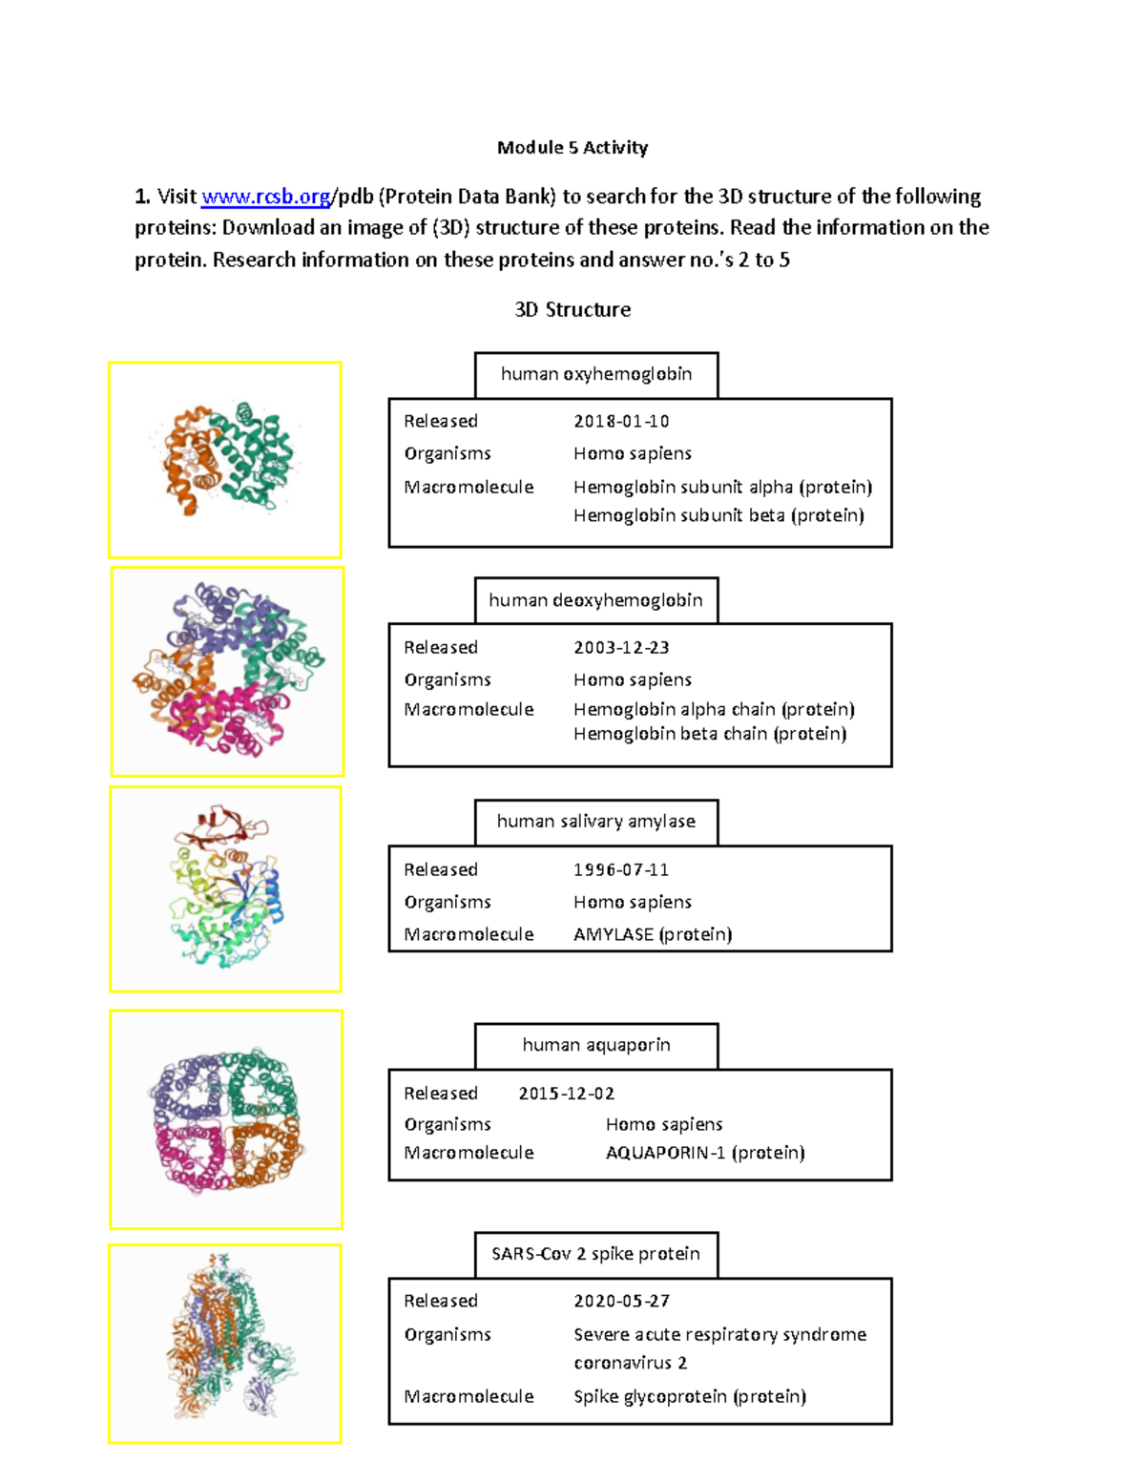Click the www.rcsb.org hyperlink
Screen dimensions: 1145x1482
[265, 197]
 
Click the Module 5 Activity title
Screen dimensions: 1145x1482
[572, 147]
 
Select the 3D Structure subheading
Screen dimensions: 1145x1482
[572, 309]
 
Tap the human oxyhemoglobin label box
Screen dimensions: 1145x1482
[596, 374]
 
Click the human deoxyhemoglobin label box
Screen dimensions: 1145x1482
[596, 600]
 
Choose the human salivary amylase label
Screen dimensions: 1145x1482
[596, 822]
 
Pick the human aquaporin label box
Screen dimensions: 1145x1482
[596, 1045]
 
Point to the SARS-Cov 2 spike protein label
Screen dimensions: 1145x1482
[596, 1254]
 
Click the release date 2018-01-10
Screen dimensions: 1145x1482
[621, 421]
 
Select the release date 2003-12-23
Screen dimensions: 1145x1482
[621, 647]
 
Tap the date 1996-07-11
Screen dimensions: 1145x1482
[621, 869]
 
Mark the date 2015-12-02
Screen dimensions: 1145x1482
[566, 1094]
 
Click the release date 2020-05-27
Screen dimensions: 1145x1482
[621, 1301]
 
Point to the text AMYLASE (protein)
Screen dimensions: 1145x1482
[653, 934]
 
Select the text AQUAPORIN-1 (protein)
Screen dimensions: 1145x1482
[705, 1153]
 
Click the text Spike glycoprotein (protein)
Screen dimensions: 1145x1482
[690, 1396]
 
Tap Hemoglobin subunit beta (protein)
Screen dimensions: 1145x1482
[718, 515]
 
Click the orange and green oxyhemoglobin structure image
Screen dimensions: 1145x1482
[225, 459]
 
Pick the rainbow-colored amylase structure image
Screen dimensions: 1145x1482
[225, 888]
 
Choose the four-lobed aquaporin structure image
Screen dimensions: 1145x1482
[225, 1119]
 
